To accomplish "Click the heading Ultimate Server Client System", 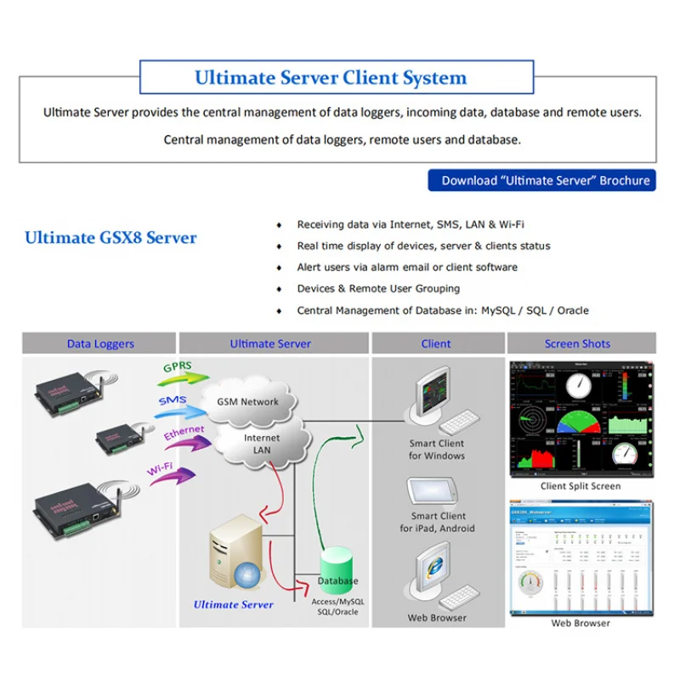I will [x=331, y=78].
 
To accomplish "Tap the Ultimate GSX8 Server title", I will [x=110, y=238].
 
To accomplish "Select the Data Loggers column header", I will [x=100, y=343].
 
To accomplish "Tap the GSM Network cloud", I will [x=248, y=399].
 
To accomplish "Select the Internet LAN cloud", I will [x=262, y=444].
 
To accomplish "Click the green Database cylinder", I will [x=337, y=571].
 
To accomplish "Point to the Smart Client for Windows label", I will [x=437, y=450].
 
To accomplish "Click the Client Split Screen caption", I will [x=581, y=486].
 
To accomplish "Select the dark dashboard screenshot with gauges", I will [x=581, y=419].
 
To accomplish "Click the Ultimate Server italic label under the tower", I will [x=234, y=604].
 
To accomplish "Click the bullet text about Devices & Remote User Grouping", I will [x=378, y=289].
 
